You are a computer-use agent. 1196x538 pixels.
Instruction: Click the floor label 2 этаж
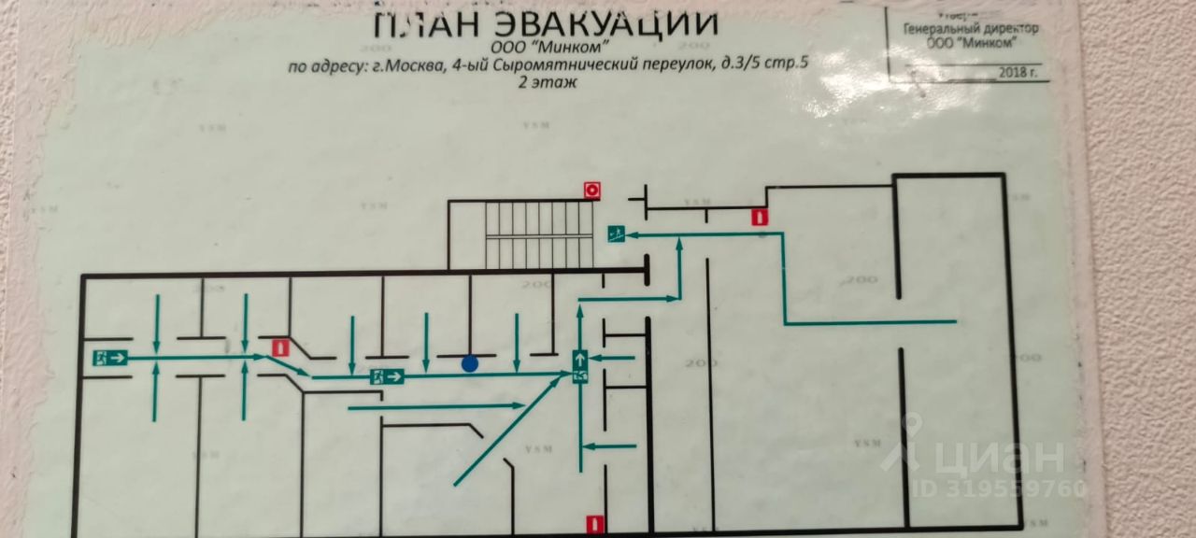click(x=547, y=82)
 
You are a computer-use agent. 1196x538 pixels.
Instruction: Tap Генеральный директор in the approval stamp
click(x=970, y=29)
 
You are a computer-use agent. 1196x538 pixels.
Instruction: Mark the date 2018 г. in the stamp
click(x=1018, y=71)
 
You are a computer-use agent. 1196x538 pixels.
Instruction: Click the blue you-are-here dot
click(x=470, y=363)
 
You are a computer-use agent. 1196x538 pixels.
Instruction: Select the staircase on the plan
click(x=539, y=234)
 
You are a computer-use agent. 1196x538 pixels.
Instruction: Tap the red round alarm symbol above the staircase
click(x=591, y=190)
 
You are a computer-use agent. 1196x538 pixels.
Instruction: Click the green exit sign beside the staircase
click(x=616, y=233)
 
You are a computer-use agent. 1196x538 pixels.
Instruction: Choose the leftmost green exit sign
click(x=109, y=356)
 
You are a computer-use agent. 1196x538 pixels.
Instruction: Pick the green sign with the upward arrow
click(x=579, y=357)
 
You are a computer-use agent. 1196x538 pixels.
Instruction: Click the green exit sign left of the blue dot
click(x=386, y=377)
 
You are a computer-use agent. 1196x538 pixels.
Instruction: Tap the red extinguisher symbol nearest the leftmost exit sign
click(x=278, y=347)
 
